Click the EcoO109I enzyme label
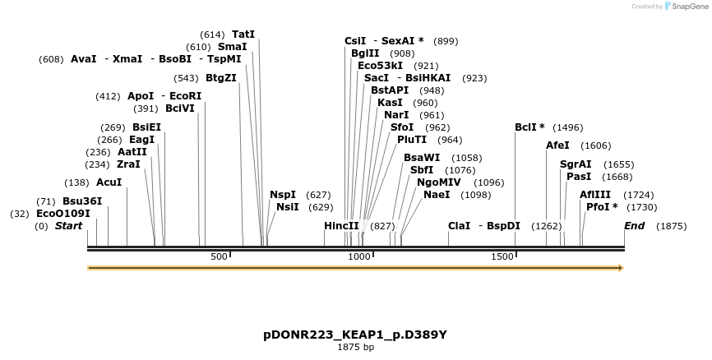point(62,214)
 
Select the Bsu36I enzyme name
point(82,201)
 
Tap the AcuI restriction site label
point(109,182)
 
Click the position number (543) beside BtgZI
point(185,78)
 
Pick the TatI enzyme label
point(243,35)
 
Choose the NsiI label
point(287,207)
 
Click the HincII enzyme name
point(341,226)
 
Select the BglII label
point(365,53)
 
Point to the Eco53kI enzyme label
point(380,66)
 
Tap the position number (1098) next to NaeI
point(477,195)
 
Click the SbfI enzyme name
point(422,170)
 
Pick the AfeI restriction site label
point(557,145)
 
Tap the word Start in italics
point(68,226)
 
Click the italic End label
point(634,226)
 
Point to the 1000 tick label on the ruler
point(360,257)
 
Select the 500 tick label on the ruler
point(219,257)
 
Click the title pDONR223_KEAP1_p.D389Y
point(355,335)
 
